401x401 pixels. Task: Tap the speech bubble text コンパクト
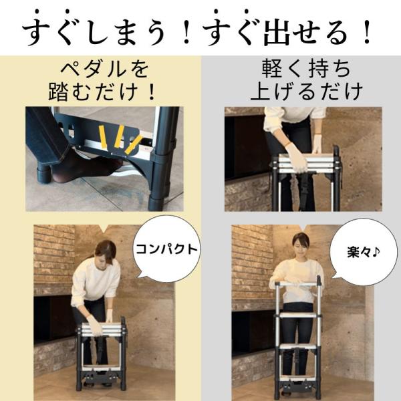tap(166, 249)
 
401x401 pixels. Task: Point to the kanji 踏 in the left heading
tap(58, 92)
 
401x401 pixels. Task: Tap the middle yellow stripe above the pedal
tap(119, 136)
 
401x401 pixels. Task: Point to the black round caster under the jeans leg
tap(43, 174)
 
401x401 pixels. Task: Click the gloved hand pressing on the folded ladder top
tap(296, 156)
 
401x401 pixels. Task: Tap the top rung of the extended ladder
tap(297, 284)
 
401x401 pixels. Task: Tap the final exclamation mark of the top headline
tap(368, 33)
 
